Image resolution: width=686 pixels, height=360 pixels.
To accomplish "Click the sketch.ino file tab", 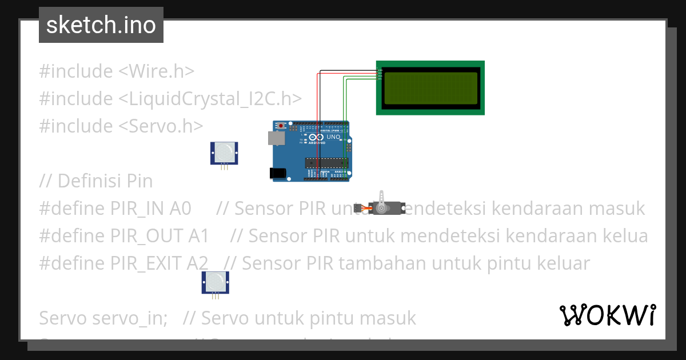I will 101,25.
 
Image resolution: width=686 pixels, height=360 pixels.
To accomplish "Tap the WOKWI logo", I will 608,315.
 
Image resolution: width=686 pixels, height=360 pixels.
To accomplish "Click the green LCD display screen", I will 430,88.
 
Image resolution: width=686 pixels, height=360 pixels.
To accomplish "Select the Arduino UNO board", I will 311,151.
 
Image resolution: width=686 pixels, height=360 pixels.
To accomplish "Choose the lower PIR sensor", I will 215,282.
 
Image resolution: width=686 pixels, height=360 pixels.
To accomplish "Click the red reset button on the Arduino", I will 281,125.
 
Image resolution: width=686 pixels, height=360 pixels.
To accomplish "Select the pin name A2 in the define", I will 197,263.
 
